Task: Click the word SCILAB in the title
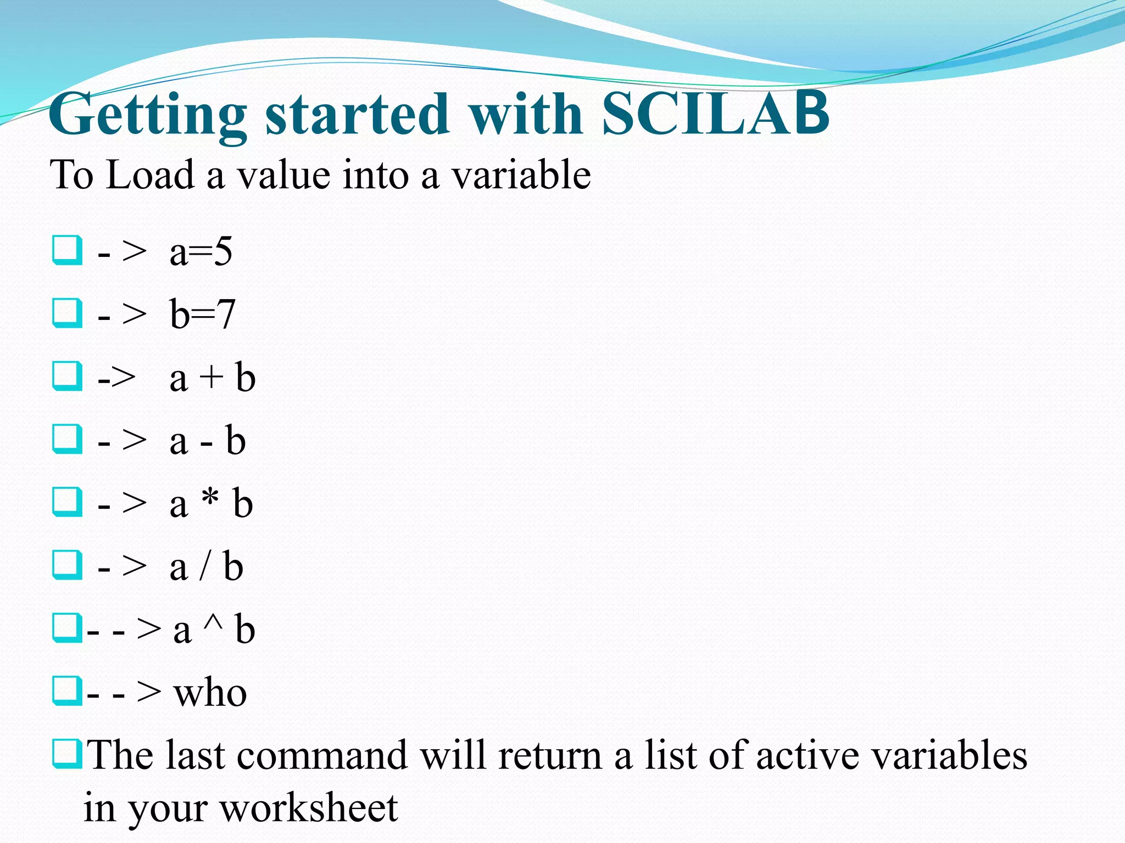point(715,114)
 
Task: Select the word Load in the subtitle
point(150,175)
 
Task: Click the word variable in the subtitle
point(521,175)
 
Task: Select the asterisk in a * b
point(210,499)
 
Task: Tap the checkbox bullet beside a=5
point(68,250)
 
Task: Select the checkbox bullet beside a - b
point(68,439)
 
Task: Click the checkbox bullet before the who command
point(68,690)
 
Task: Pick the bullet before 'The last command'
point(68,754)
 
